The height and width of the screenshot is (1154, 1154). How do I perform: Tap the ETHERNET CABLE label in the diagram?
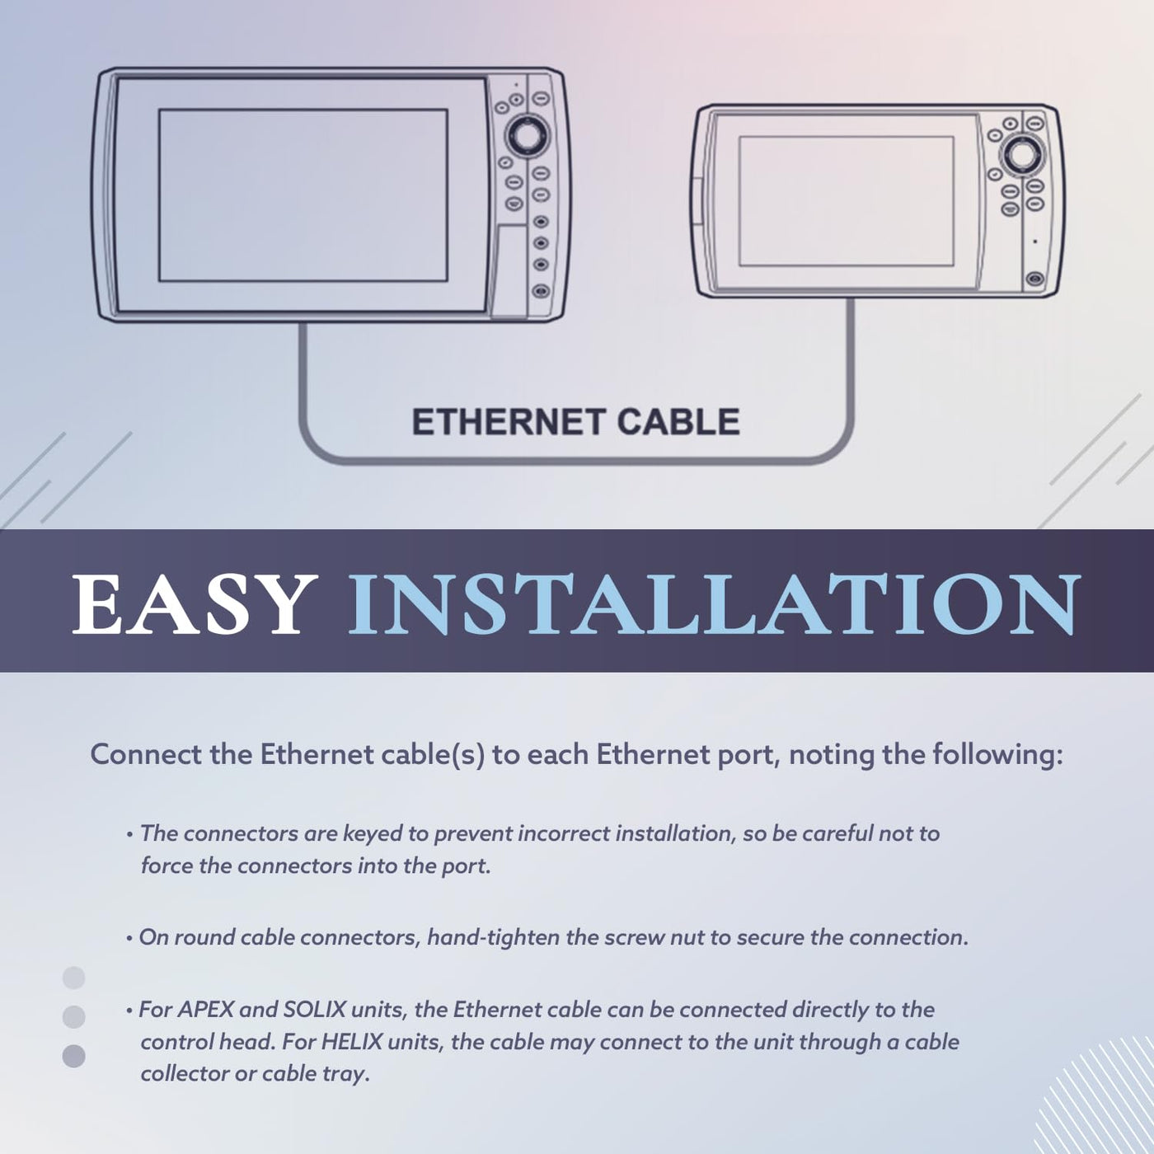coord(575,421)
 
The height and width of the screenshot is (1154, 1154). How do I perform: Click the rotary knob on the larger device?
coord(527,135)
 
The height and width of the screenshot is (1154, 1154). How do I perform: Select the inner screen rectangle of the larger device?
coord(303,195)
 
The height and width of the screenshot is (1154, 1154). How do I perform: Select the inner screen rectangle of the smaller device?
coord(847,201)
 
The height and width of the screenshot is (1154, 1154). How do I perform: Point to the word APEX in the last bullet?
coord(206,1009)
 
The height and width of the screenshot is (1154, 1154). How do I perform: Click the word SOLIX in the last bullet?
coord(314,1009)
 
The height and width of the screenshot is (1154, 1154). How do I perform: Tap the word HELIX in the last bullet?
coord(352,1041)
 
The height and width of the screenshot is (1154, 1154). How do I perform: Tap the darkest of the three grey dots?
coord(73,1056)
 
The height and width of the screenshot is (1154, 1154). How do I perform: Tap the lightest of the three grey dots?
coord(73,978)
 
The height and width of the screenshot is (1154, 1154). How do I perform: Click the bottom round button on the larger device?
coord(541,290)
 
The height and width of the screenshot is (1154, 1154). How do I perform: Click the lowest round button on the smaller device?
coord(1034,279)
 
